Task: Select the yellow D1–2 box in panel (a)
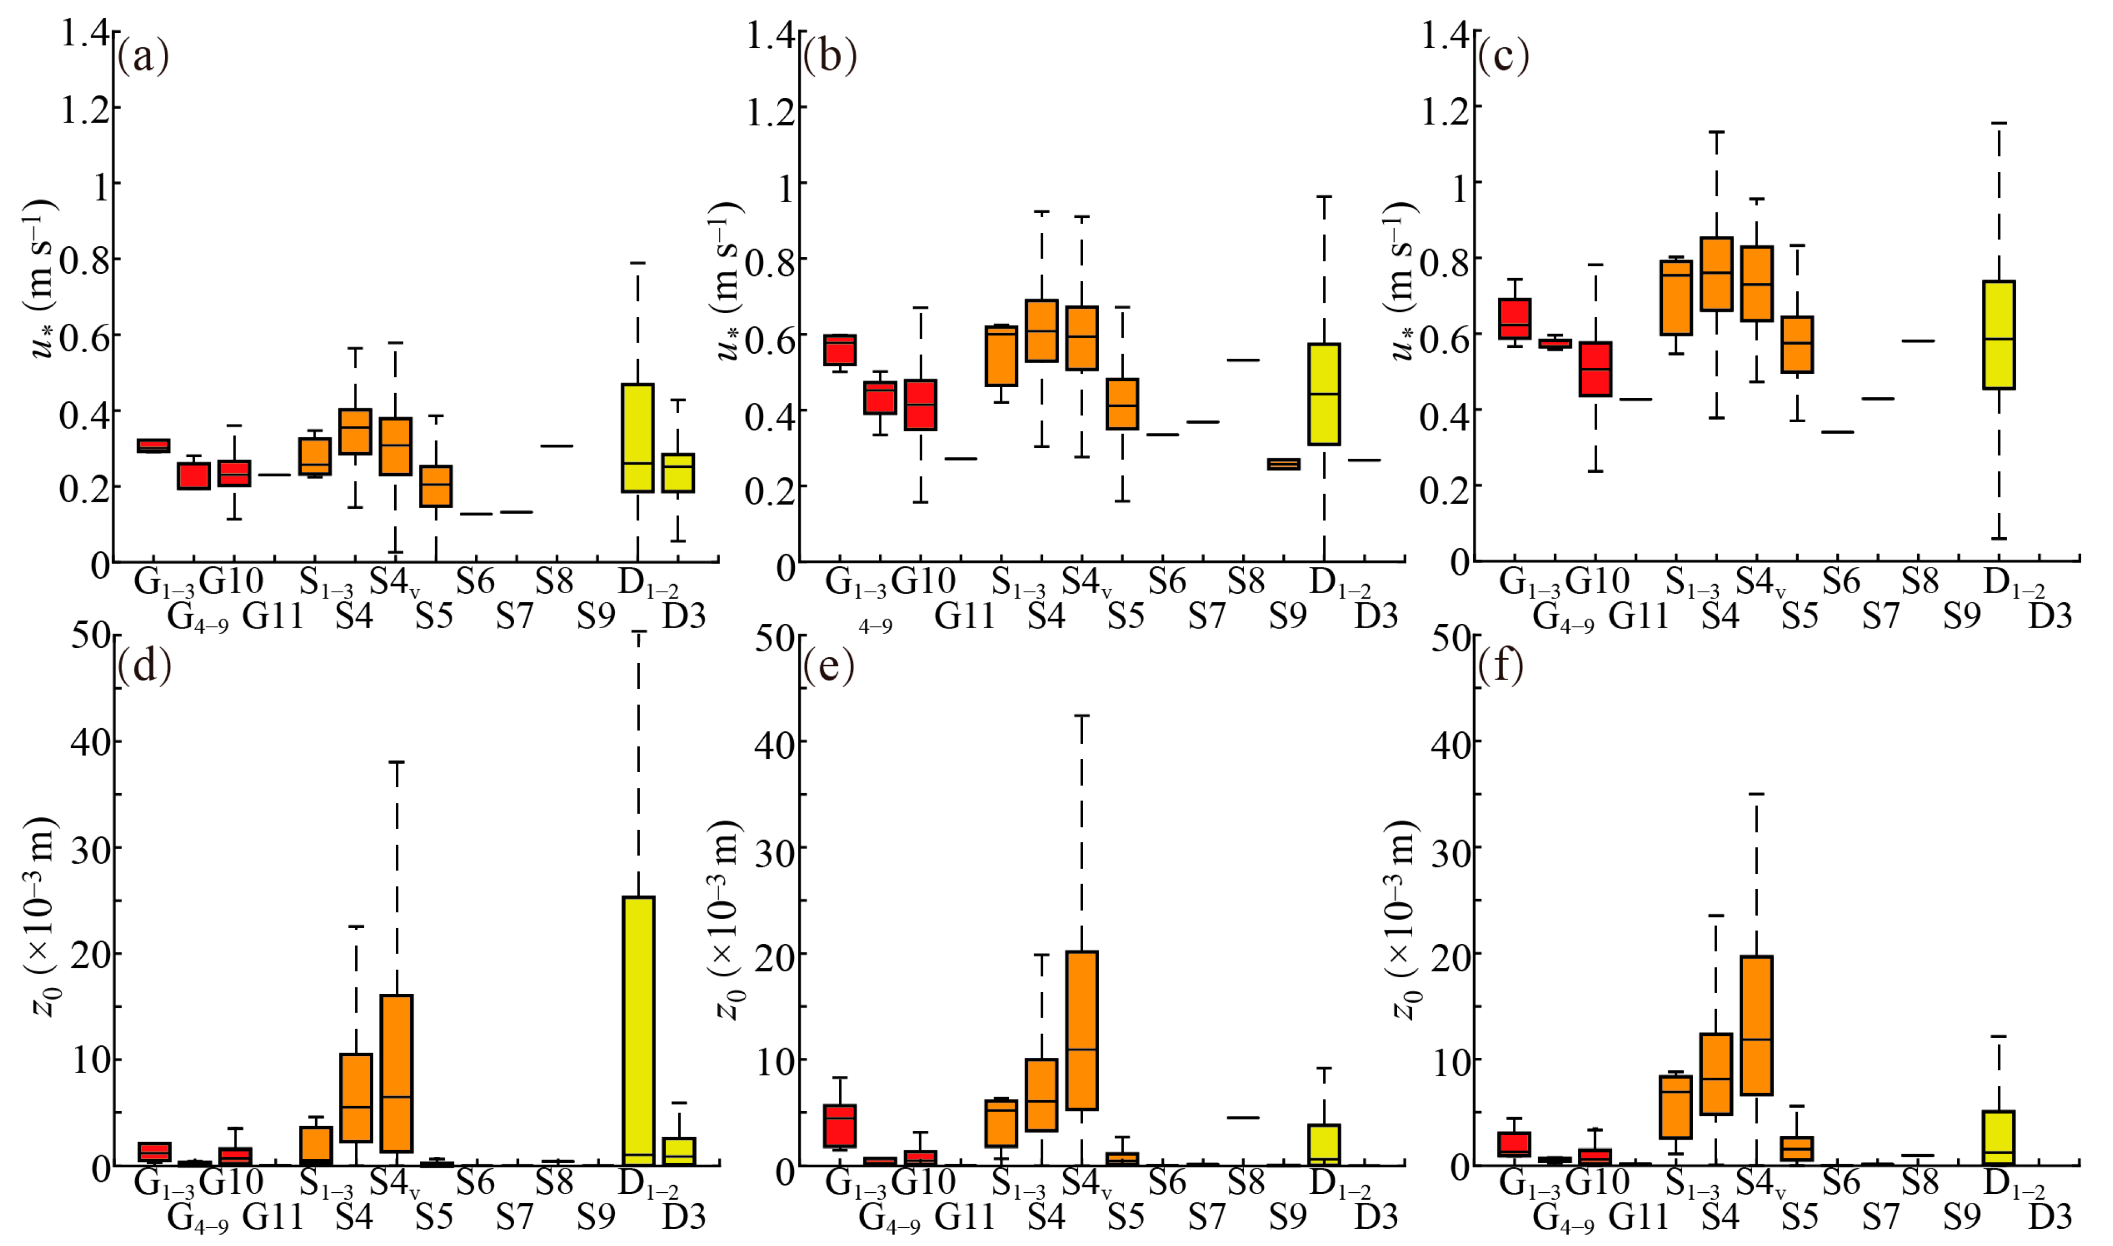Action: (638, 437)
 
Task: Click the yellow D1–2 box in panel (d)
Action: (638, 1030)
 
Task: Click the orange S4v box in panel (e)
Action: (1082, 1030)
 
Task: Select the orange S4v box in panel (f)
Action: (1756, 1025)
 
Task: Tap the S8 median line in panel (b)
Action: (1242, 360)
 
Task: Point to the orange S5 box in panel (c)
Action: (1797, 344)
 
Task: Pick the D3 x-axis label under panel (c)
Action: (2050, 616)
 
